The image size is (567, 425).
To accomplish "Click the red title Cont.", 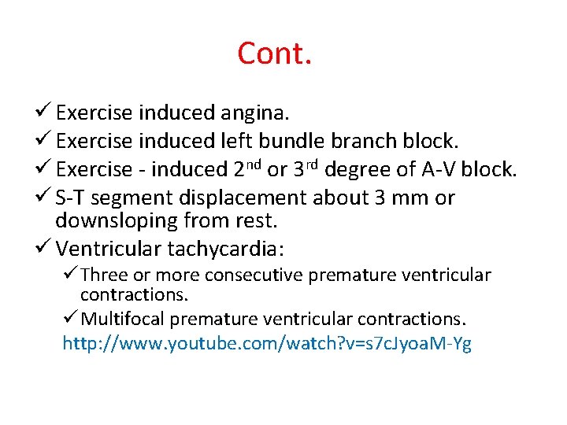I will tap(275, 54).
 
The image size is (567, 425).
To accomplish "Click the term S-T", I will tap(72, 198).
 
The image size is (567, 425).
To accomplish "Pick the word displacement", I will tap(254, 198).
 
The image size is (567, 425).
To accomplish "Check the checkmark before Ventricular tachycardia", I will tap(44, 249).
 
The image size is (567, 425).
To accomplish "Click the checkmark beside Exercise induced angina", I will tap(44, 113).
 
